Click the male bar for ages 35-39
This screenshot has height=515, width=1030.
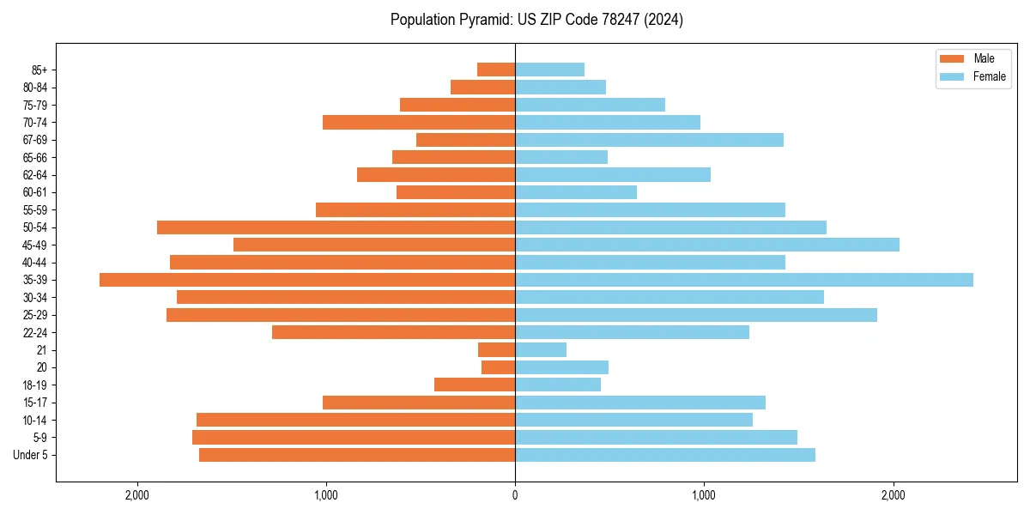click(307, 280)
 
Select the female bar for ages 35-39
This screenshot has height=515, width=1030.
click(743, 280)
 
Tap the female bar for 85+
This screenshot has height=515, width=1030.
click(549, 70)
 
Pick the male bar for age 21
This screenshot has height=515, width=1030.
click(497, 349)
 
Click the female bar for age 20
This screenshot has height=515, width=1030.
click(561, 367)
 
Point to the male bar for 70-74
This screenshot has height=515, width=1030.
click(419, 122)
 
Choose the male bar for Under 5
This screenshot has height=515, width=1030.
click(357, 455)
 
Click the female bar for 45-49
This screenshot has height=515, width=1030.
click(706, 245)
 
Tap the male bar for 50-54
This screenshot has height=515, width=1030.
click(336, 227)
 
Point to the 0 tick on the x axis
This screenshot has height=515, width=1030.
click(515, 495)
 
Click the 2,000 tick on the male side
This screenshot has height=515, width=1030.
click(137, 495)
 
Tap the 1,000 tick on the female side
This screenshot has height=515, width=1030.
click(704, 495)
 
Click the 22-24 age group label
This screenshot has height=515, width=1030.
click(35, 332)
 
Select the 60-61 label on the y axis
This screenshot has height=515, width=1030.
click(35, 192)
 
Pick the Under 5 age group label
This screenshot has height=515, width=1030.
click(31, 455)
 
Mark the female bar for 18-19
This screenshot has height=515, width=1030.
click(557, 385)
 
